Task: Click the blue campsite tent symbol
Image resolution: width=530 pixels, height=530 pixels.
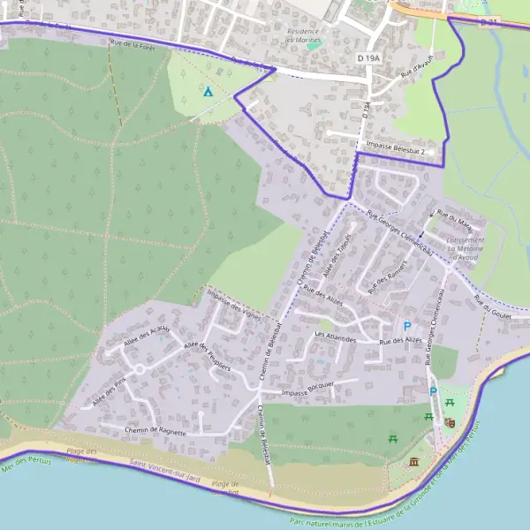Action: tap(208, 91)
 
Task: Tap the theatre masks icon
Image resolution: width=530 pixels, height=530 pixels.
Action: tap(450, 423)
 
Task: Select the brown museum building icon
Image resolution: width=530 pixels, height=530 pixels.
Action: tap(415, 461)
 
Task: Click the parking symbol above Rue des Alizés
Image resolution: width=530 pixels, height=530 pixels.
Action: tap(406, 326)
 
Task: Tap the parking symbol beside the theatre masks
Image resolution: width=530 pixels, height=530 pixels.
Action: tap(433, 391)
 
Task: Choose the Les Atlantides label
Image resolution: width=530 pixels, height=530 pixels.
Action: tap(335, 337)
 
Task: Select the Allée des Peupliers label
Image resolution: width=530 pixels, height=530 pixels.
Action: tap(208, 357)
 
